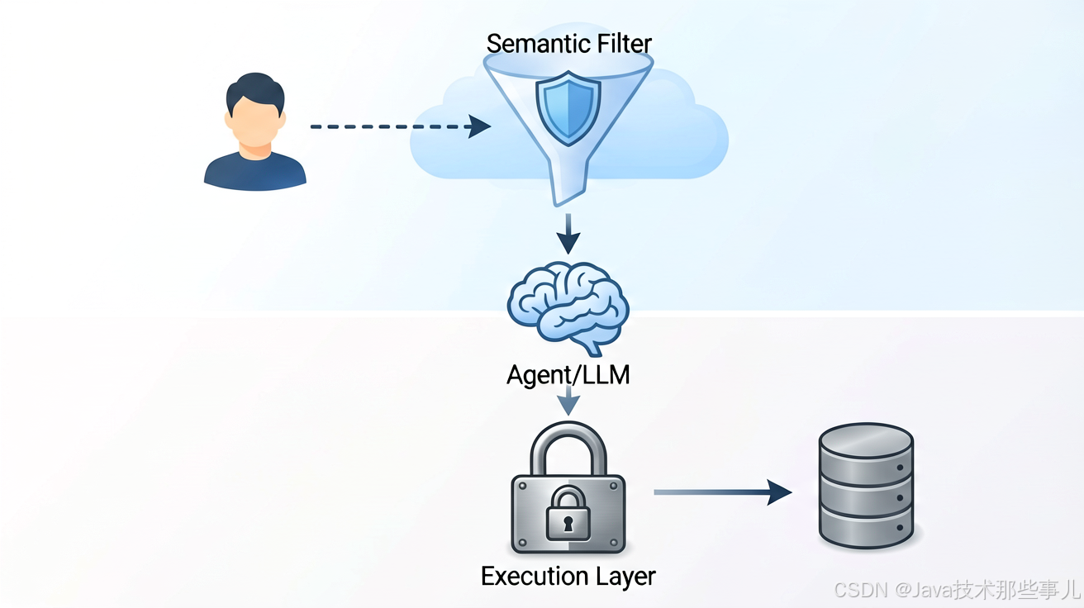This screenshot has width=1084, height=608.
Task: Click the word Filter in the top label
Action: coord(625,44)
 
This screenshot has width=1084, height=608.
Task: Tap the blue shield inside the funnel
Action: coord(568,108)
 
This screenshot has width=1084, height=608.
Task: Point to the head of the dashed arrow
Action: coord(479,126)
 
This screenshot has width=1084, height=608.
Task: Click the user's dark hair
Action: coord(255,89)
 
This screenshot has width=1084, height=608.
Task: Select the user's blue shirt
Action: coord(255,171)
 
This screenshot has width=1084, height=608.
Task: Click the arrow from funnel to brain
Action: coord(568,234)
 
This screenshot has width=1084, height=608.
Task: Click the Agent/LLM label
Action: coord(568,376)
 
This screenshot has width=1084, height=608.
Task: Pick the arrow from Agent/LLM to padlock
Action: coord(568,401)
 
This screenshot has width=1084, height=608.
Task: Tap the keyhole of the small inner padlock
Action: coord(568,524)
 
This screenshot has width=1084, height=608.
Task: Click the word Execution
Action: coord(534,577)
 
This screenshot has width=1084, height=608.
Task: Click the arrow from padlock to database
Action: coord(723,492)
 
